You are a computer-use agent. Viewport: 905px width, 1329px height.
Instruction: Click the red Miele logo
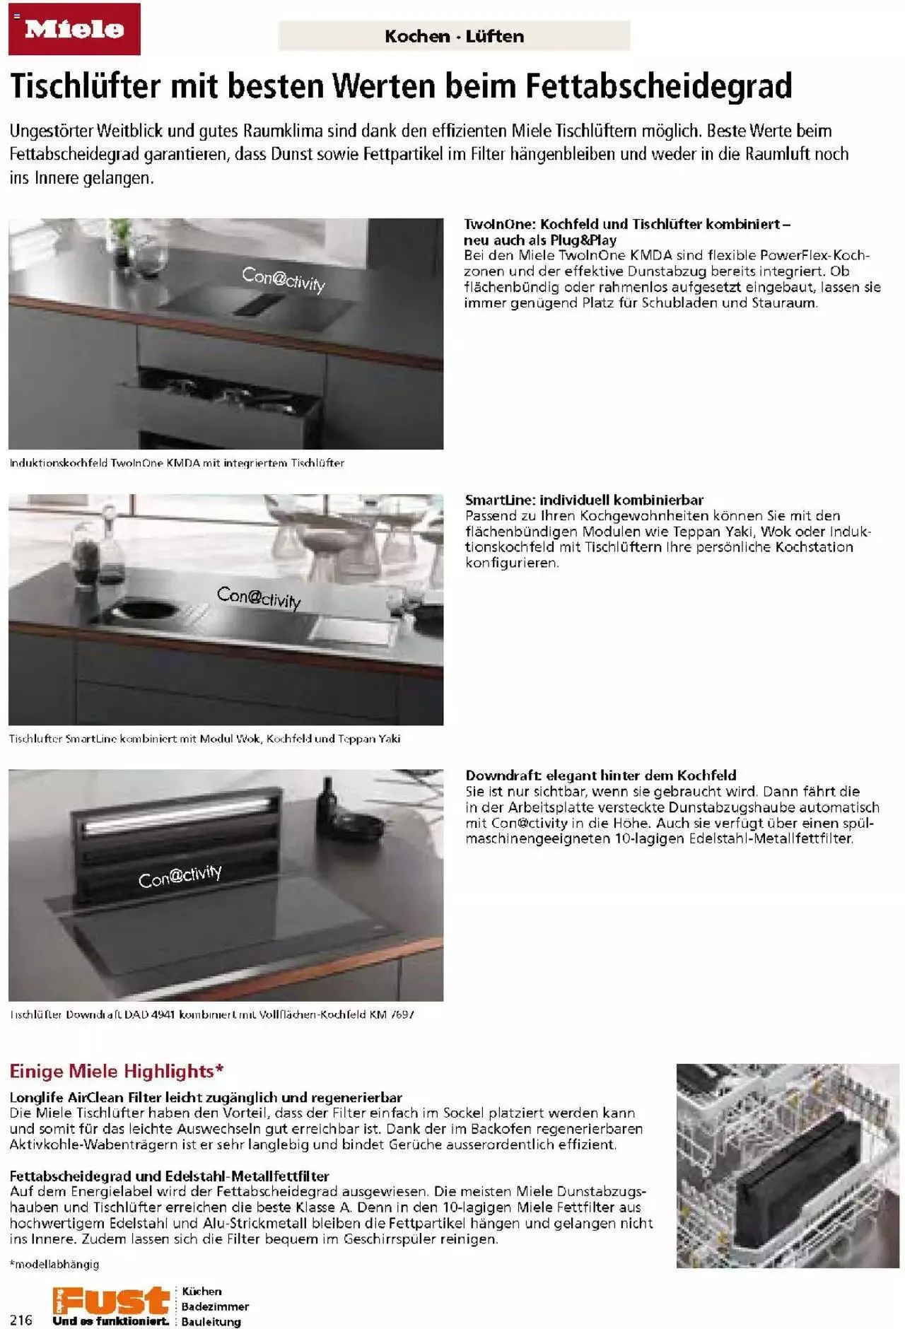pyautogui.click(x=74, y=29)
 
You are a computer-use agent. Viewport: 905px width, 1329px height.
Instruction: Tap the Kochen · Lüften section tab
pyautogui.click(x=454, y=36)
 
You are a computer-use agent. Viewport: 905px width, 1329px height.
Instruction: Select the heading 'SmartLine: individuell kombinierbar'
pyautogui.click(x=584, y=500)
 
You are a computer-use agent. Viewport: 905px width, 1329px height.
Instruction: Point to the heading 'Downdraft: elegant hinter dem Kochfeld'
pyautogui.click(x=601, y=775)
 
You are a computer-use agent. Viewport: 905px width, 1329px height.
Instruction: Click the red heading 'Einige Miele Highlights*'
pyautogui.click(x=117, y=1071)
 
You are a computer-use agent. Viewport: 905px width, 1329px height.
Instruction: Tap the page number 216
pyautogui.click(x=22, y=1320)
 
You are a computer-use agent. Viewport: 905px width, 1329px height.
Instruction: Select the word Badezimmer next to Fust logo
pyautogui.click(x=215, y=1306)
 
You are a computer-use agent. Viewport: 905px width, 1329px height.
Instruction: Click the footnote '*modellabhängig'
pyautogui.click(x=54, y=1264)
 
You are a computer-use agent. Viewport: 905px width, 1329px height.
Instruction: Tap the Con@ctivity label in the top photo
pyautogui.click(x=284, y=280)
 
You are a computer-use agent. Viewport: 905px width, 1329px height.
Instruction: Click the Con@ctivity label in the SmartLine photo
pyautogui.click(x=259, y=597)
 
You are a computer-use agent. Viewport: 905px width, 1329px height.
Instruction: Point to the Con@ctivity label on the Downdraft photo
pyautogui.click(x=180, y=876)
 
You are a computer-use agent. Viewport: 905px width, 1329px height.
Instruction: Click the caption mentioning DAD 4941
pyautogui.click(x=212, y=1014)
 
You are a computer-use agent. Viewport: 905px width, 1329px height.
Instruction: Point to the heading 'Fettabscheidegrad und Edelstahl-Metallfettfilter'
pyautogui.click(x=170, y=1176)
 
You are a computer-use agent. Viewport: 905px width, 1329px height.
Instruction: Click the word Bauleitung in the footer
pyautogui.click(x=211, y=1321)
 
